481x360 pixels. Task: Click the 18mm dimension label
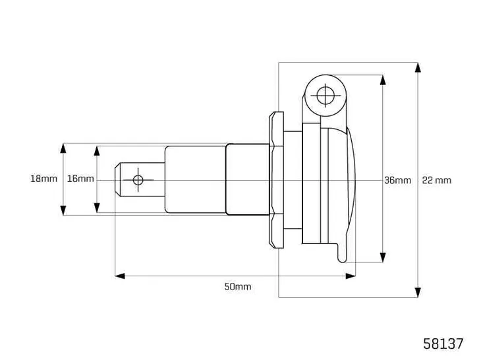43,179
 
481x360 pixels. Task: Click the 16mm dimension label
80,179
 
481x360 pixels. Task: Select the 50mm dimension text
238,286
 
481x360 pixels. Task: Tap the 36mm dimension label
397,180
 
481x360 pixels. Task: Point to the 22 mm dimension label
437,180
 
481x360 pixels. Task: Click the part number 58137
443,344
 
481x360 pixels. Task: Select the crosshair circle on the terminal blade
138,180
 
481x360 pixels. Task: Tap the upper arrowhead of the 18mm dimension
63,148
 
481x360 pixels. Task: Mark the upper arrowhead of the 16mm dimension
97,151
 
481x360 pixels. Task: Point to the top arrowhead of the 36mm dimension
383,80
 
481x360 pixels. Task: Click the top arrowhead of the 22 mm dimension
418,67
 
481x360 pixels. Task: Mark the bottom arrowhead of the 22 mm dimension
418,292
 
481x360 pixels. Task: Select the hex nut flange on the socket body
276,179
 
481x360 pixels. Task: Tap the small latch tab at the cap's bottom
341,253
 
